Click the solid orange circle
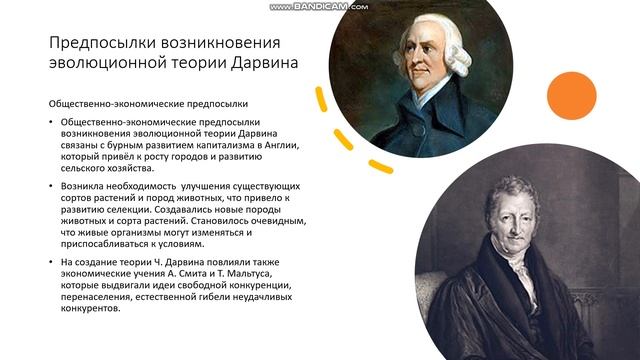point(572,95)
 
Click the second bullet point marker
point(52,187)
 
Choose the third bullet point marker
point(52,262)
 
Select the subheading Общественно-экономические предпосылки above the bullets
point(148,104)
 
